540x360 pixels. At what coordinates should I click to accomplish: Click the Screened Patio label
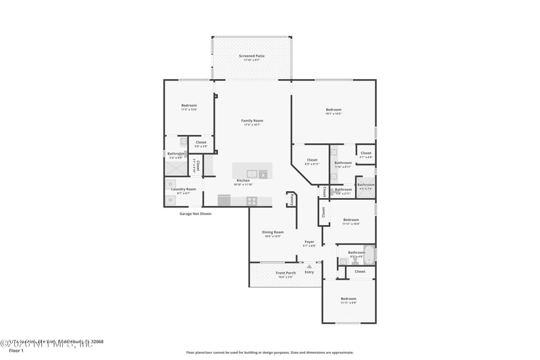(251, 57)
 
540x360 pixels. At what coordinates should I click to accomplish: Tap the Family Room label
(251, 122)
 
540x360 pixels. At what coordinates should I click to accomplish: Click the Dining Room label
(273, 233)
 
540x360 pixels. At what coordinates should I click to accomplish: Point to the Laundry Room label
(183, 190)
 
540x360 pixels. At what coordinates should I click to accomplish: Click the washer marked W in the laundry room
(171, 200)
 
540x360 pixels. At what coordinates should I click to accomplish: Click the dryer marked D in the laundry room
(171, 184)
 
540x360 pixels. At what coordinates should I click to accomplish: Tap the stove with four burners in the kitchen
(252, 201)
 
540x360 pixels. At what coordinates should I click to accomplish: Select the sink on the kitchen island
(252, 174)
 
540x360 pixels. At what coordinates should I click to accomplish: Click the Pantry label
(292, 200)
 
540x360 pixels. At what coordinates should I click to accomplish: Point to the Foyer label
(309, 242)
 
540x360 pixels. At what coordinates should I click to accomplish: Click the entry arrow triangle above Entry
(309, 267)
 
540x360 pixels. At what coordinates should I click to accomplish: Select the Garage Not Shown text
(195, 213)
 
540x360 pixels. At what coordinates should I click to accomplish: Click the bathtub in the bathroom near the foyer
(369, 253)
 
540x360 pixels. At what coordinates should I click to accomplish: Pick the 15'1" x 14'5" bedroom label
(333, 111)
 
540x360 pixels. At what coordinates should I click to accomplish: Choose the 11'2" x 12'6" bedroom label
(189, 107)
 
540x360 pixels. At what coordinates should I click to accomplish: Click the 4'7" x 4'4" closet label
(366, 155)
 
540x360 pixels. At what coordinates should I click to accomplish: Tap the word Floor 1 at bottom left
(16, 351)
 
